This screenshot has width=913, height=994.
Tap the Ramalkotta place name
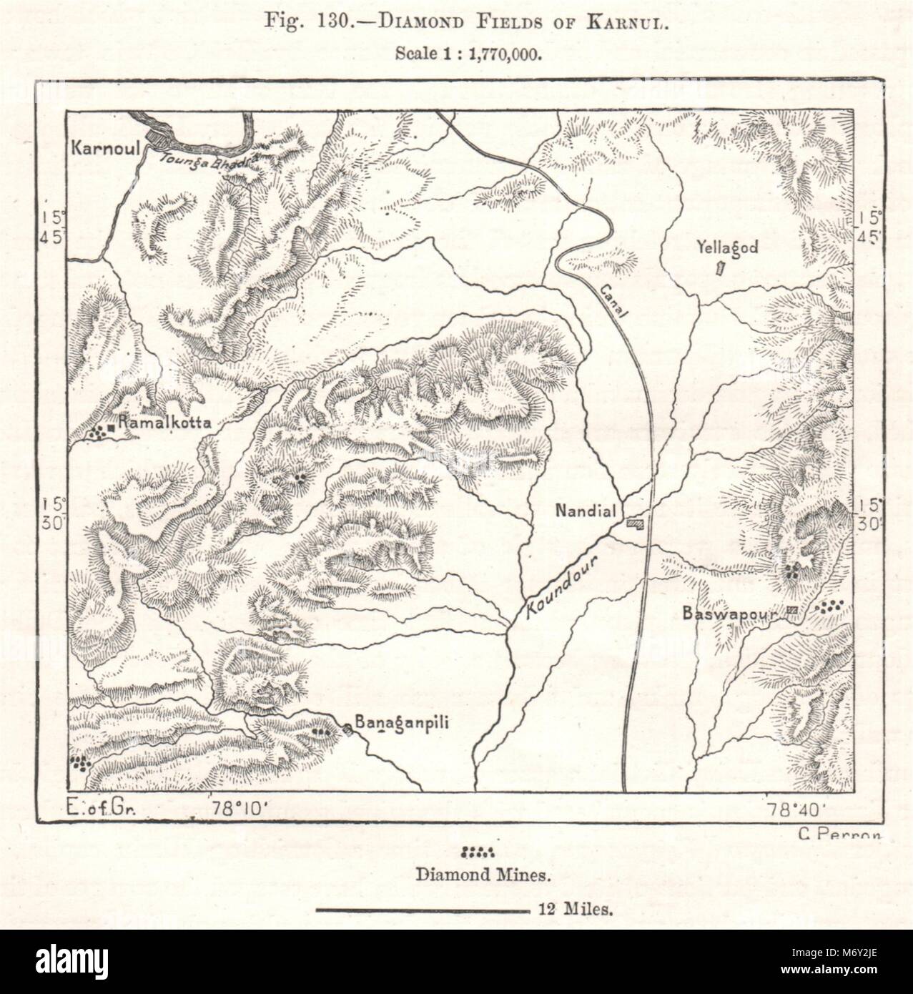(164, 423)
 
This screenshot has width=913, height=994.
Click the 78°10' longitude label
(240, 810)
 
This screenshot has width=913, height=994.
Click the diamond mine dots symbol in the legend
(478, 852)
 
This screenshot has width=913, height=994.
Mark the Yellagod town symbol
(721, 269)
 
